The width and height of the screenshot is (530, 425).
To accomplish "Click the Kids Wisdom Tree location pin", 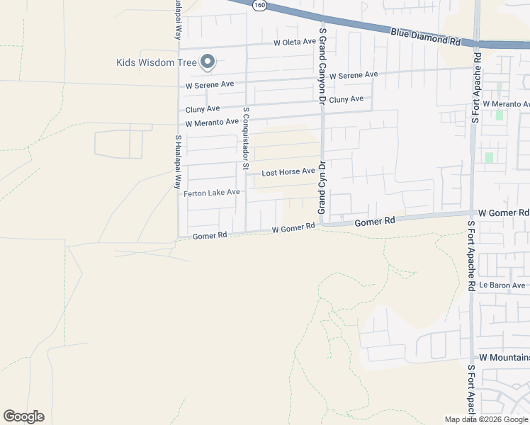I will coord(208,62).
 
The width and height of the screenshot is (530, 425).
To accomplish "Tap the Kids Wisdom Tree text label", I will coord(156,62).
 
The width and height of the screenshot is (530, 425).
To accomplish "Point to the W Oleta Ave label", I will coord(295,42).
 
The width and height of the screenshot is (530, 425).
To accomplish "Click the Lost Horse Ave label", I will coord(288,172).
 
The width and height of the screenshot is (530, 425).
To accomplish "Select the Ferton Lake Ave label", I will coord(212,193).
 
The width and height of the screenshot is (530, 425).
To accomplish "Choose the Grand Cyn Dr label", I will coord(321,188).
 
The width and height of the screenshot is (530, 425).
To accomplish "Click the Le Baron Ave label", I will coord(501,285).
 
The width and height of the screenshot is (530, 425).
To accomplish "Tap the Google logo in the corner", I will coord(23,416).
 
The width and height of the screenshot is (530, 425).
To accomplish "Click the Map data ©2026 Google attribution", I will coord(487,419).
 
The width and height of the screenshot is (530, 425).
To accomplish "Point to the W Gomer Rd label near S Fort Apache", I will coord(503,212).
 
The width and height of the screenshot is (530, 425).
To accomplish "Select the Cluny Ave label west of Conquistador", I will coord(203,109).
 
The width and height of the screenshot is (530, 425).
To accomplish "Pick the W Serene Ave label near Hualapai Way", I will coord(210,84).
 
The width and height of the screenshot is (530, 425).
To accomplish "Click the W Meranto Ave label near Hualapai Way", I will coord(211,123).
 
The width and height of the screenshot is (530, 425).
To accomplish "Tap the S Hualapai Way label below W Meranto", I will coord(178,161).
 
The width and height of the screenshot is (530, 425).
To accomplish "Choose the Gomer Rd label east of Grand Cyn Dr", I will coord(374,222).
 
